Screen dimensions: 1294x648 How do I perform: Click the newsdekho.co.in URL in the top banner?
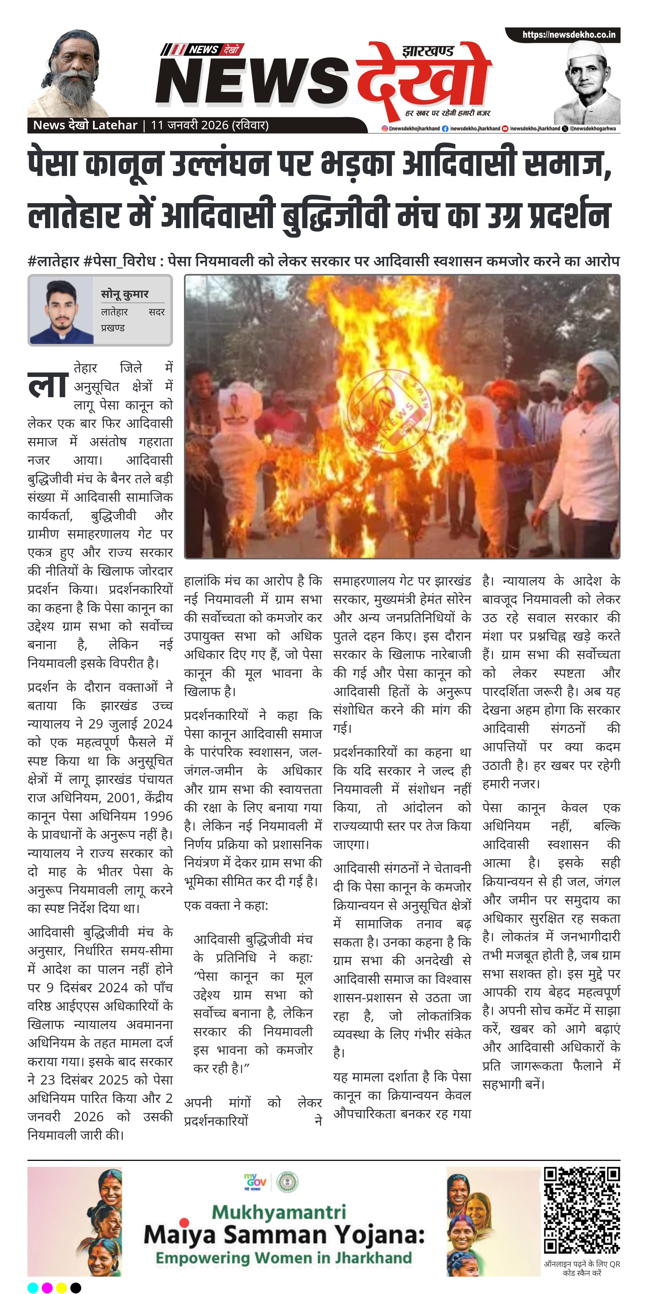coord(569,35)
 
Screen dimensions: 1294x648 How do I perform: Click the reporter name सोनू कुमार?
coord(125,294)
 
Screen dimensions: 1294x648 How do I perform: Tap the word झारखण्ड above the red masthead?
coord(428,51)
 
